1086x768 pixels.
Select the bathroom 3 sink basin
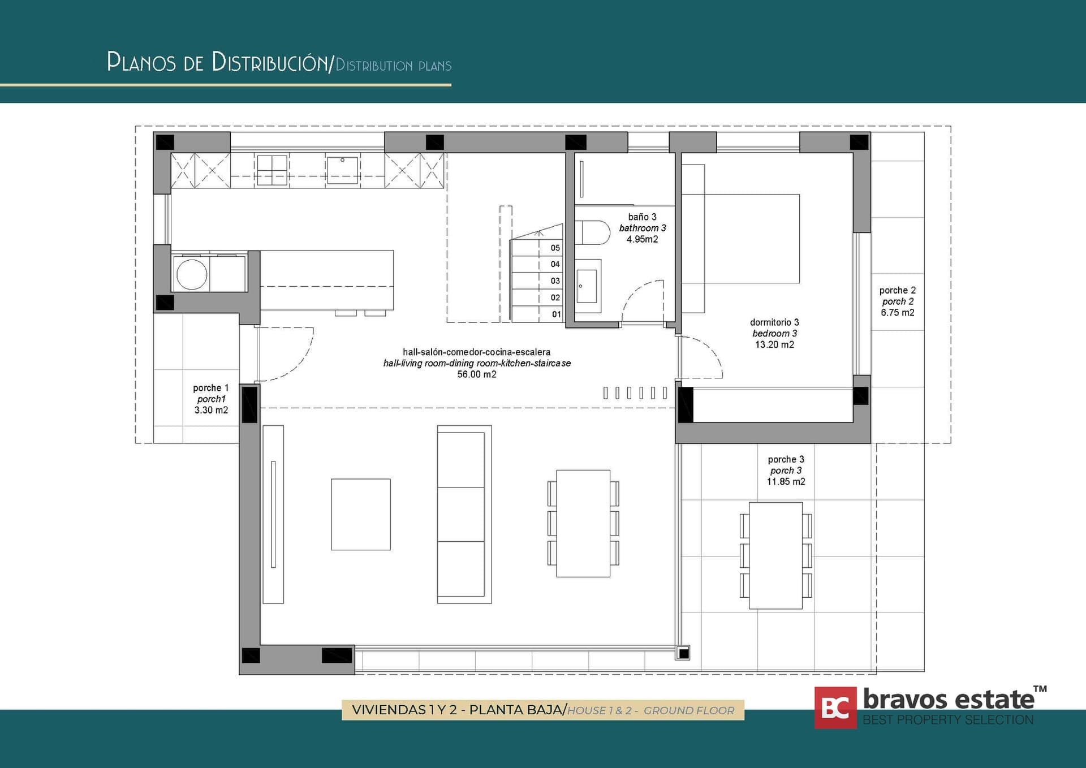(x=587, y=286)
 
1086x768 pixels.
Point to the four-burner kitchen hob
(x=272, y=170)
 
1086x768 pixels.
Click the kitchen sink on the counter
(x=342, y=170)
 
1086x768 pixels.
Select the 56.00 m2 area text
(x=477, y=374)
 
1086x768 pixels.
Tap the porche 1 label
(x=210, y=388)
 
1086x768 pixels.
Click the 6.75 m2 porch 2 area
(x=897, y=313)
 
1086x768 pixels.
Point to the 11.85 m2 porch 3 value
(x=786, y=482)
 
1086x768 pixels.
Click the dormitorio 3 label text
(x=774, y=322)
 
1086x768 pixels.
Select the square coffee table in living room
(x=361, y=514)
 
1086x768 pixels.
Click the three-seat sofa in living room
(x=464, y=514)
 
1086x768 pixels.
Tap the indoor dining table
(x=583, y=523)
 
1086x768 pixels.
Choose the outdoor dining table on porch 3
(x=775, y=555)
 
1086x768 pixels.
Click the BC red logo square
(x=835, y=707)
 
